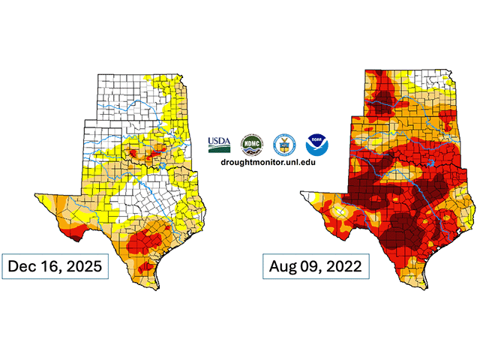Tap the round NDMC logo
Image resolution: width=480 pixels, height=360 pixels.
[x=250, y=143]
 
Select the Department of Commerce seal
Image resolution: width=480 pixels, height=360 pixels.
[x=283, y=143]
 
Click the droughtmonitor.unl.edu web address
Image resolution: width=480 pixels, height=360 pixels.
[x=268, y=161]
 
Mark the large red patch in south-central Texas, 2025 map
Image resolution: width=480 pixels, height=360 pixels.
[x=145, y=241]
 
